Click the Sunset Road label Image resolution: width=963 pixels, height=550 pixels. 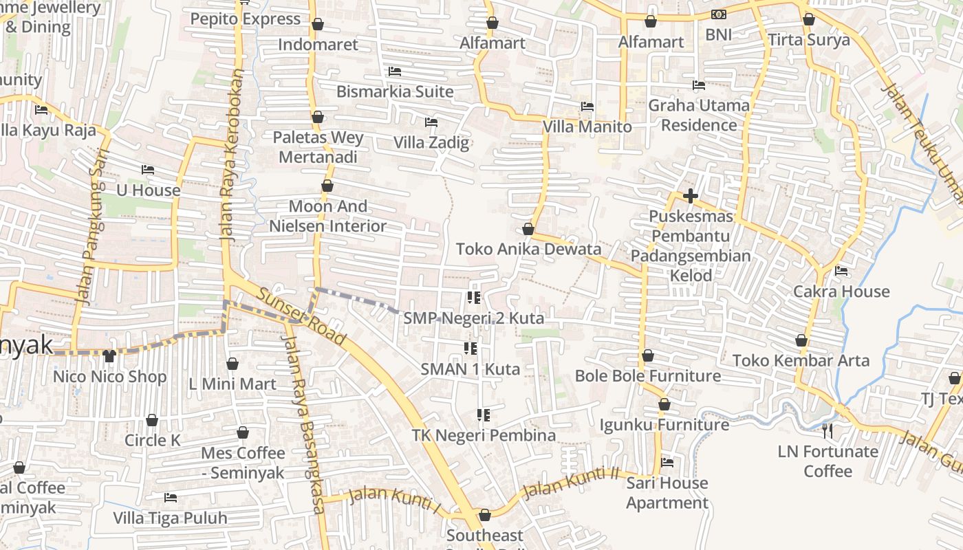(301, 317)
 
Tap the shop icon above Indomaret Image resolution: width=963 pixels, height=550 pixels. (318, 25)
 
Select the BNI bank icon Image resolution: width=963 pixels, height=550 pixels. (718, 14)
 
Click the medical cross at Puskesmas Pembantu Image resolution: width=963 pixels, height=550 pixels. (691, 197)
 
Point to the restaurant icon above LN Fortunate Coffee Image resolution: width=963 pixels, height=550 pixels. (828, 431)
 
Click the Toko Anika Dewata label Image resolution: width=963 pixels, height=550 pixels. (528, 249)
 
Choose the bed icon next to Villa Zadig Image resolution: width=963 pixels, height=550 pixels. (431, 123)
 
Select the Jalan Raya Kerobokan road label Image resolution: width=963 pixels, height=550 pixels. (232, 154)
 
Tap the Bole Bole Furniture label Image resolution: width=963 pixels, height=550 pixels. (647, 375)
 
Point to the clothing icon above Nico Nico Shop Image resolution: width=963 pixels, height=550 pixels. (109, 356)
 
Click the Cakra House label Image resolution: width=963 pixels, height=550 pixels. (841, 291)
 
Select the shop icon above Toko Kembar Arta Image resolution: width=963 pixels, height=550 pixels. (801, 341)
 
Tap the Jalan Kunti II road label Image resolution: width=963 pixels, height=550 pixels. (570, 482)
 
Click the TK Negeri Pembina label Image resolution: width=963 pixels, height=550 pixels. (484, 435)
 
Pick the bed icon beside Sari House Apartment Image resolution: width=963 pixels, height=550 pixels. (667, 463)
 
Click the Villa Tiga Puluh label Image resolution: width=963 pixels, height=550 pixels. (170, 518)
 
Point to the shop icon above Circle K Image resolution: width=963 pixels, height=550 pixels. (152, 420)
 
